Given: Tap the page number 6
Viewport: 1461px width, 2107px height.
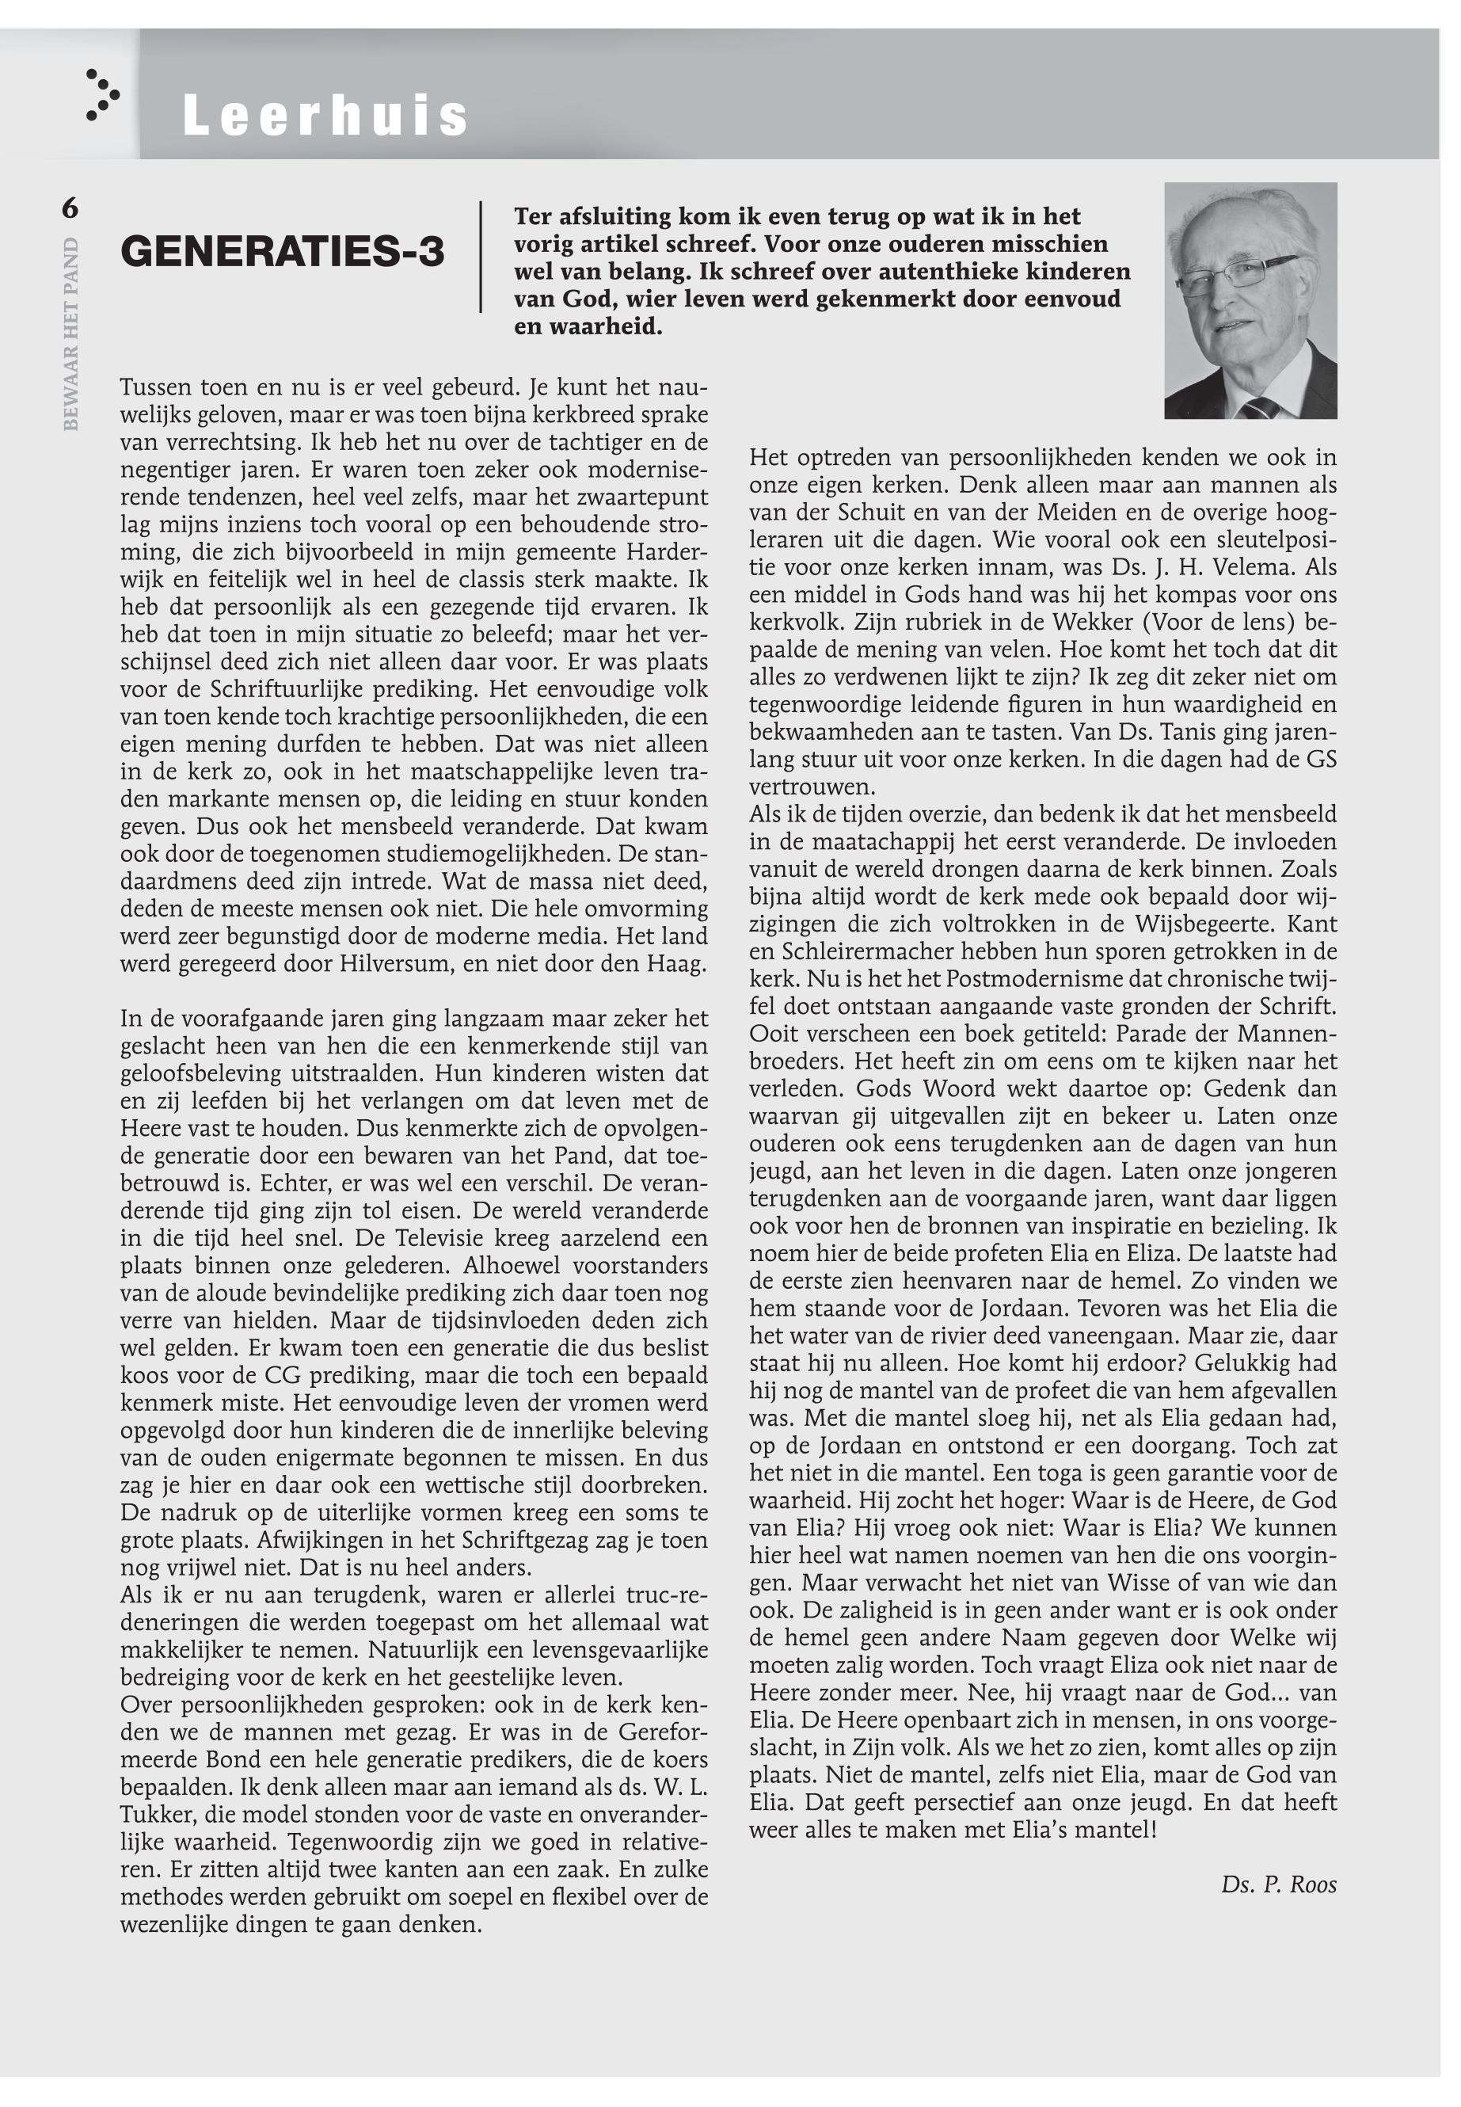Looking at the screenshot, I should click(x=70, y=209).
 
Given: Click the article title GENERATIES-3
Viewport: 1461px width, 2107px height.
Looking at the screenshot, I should click(x=282, y=251).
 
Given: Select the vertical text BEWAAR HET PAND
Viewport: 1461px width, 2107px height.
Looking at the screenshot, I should click(x=71, y=334).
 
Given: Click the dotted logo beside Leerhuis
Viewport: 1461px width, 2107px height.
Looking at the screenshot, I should click(x=101, y=95).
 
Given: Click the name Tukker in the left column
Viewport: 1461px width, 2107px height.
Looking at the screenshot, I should click(x=157, y=1815).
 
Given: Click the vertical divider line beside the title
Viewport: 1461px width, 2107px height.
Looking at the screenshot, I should click(x=481, y=257).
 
